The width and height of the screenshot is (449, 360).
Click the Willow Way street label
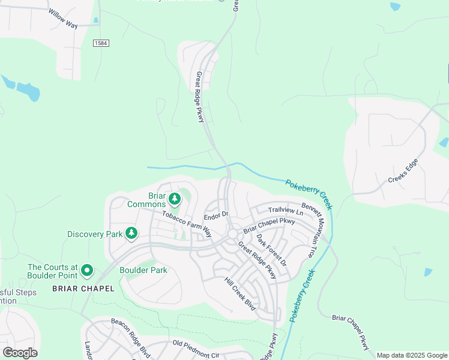pyautogui.click(x=64, y=19)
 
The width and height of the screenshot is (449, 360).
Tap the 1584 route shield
pyautogui.click(x=101, y=43)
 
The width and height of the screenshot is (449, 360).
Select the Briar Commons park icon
pyautogui.click(x=175, y=197)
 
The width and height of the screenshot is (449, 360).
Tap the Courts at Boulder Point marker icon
pyautogui.click(x=87, y=271)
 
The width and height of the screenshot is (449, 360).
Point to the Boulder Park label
pyautogui.click(x=143, y=270)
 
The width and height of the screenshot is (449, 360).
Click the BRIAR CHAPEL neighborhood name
pyautogui.click(x=83, y=289)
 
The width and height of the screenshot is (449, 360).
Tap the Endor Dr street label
pyautogui.click(x=217, y=215)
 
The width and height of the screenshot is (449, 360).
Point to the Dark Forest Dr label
pyautogui.click(x=272, y=250)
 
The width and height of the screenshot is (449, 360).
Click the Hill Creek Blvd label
pyautogui.click(x=240, y=294)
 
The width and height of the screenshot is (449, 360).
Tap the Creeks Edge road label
pyautogui.click(x=403, y=172)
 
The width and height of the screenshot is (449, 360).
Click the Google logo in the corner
pyautogui.click(x=20, y=353)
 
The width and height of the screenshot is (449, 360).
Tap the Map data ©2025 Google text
pyautogui.click(x=411, y=355)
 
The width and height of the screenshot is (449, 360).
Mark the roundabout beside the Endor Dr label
pyautogui.click(x=231, y=233)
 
